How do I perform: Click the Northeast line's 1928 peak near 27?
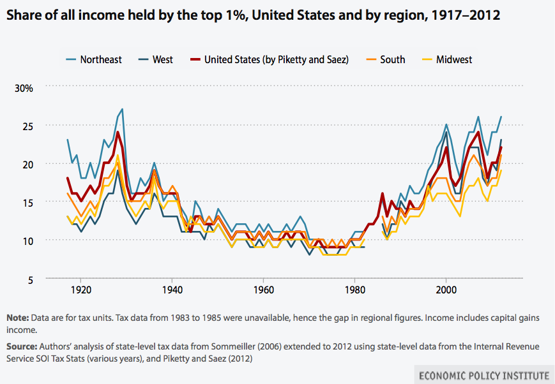[x=121, y=109]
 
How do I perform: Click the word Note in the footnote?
[x=17, y=317]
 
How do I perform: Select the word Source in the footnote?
[x=21, y=346]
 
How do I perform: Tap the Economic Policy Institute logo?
[x=483, y=374]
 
